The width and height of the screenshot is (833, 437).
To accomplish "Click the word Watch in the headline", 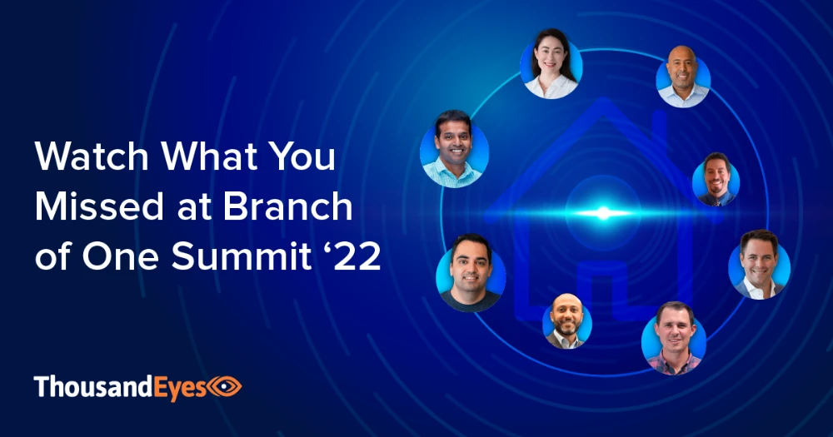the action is (92, 156).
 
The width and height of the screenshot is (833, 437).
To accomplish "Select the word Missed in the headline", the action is (99, 206).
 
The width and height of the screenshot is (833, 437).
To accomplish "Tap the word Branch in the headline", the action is (287, 206).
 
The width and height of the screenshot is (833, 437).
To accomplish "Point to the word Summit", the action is (242, 256).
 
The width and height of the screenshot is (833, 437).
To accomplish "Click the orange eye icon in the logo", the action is (224, 386).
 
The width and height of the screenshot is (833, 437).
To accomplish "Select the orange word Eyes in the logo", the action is (180, 387).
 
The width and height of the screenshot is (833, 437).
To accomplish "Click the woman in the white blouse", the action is (551, 64).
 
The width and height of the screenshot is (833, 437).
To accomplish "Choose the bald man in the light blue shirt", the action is (683, 77).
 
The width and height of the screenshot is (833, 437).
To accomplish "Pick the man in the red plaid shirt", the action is (674, 339).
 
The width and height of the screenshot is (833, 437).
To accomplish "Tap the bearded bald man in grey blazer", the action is (566, 321).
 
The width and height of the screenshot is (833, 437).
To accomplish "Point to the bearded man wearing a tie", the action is (716, 180).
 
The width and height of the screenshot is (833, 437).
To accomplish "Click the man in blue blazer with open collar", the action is (759, 265).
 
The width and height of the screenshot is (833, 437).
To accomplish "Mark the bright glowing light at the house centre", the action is (603, 213).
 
